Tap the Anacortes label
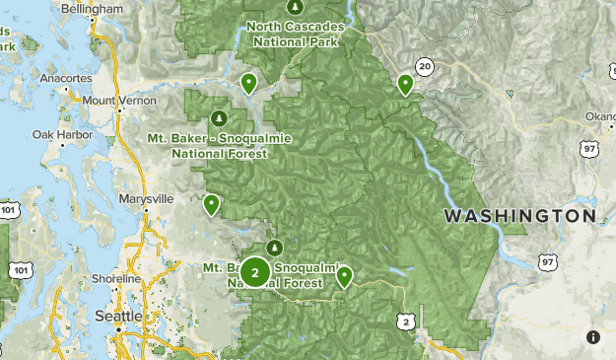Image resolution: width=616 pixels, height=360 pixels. [x=67, y=78]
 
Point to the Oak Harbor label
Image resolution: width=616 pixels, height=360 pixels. [x=56, y=134]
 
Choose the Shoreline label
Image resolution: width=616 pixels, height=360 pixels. [x=116, y=279]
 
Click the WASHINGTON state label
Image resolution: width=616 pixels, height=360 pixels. [x=519, y=215]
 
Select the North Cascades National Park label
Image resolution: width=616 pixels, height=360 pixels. [x=295, y=35]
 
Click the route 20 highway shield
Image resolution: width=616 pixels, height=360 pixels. [x=425, y=67]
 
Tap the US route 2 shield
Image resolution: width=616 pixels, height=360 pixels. [x=405, y=322]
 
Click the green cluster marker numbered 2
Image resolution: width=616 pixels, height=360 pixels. [x=255, y=271]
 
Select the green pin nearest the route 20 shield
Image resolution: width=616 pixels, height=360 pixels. [x=405, y=85]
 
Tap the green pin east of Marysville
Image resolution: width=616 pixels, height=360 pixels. [x=211, y=204]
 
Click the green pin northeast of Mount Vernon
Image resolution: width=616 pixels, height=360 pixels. [x=249, y=83]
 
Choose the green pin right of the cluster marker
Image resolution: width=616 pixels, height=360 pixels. [x=344, y=276]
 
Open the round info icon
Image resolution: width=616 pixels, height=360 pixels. [x=593, y=337]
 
